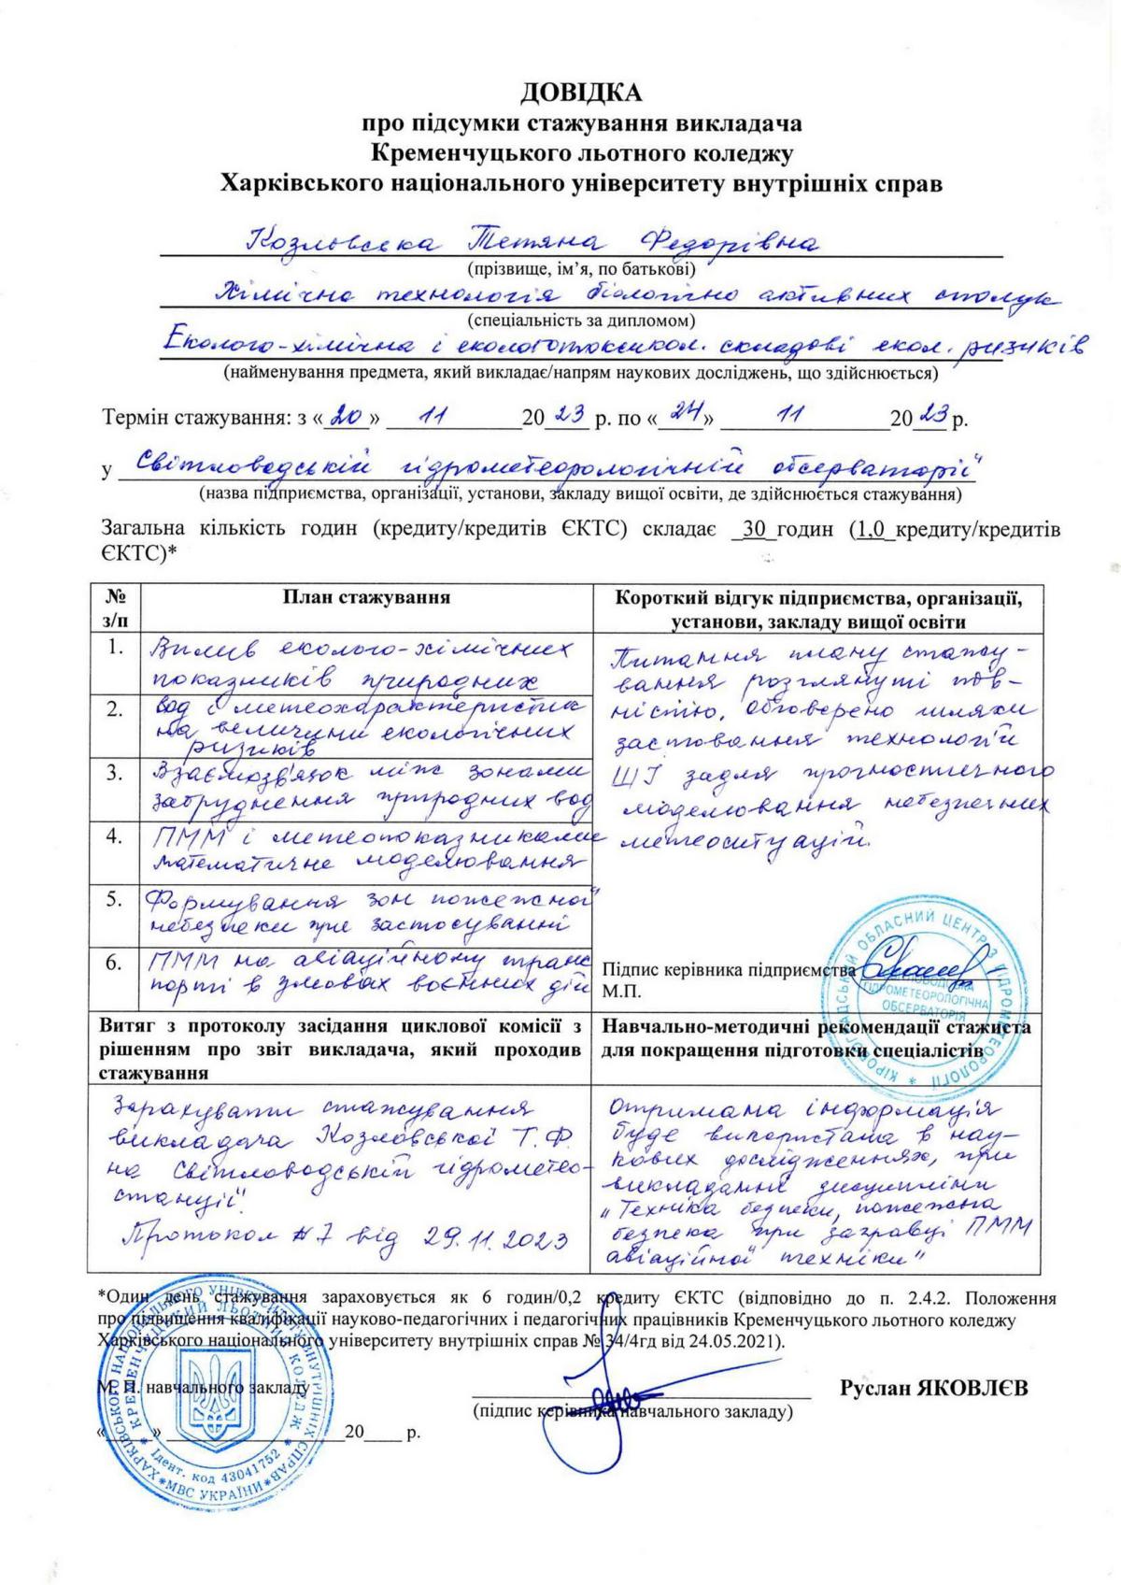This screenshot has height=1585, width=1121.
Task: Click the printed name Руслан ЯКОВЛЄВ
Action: tap(933, 1388)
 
